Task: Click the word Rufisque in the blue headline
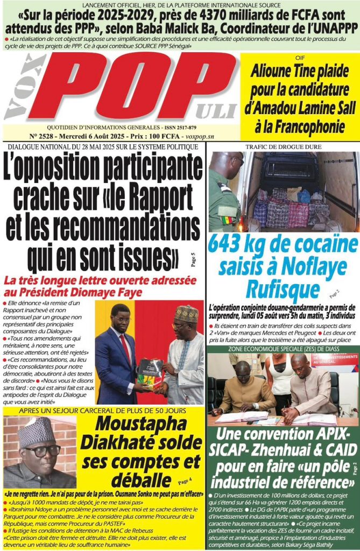[283, 288]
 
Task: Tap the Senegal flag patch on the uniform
[227, 220]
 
